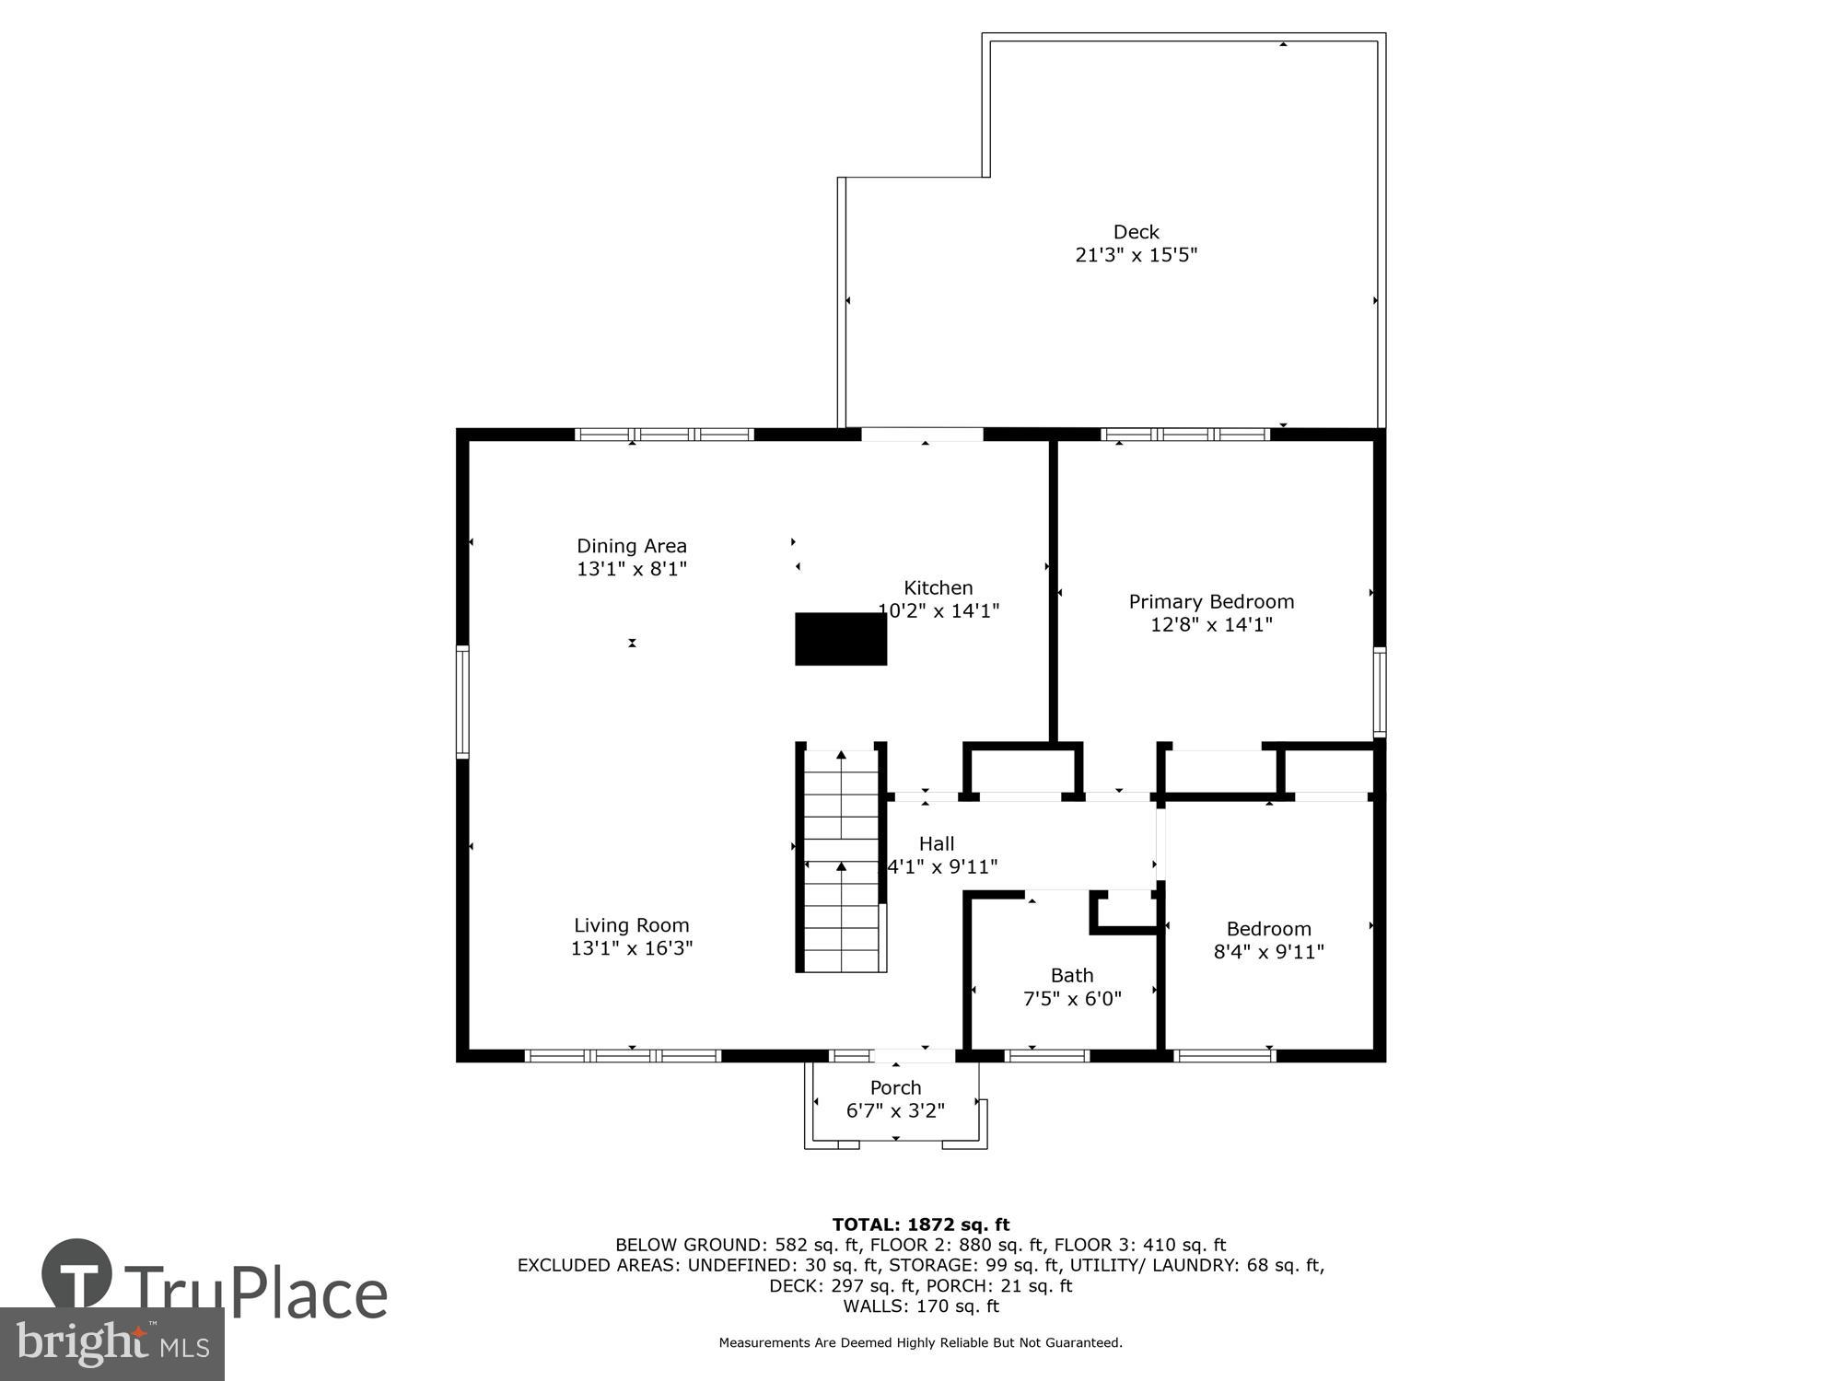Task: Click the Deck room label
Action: (x=1136, y=232)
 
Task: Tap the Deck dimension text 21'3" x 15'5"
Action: (x=1136, y=255)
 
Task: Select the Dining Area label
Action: (x=632, y=546)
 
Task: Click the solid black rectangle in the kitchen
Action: (x=841, y=639)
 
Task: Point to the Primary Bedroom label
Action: (x=1211, y=602)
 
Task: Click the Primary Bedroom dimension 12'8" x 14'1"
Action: (x=1211, y=625)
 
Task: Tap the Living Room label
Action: (x=632, y=925)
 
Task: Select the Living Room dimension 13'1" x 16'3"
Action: (x=632, y=948)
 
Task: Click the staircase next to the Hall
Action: (x=841, y=861)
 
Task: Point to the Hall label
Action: (x=937, y=843)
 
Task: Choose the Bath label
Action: (x=1072, y=975)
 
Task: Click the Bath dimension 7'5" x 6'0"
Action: (x=1072, y=998)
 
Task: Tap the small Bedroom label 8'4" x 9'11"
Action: (x=1268, y=929)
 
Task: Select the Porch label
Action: (x=895, y=1087)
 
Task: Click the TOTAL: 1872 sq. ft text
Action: (x=921, y=1224)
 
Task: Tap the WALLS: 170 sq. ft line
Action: (x=921, y=1306)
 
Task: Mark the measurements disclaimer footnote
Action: (x=921, y=1343)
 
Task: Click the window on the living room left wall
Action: (x=463, y=702)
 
